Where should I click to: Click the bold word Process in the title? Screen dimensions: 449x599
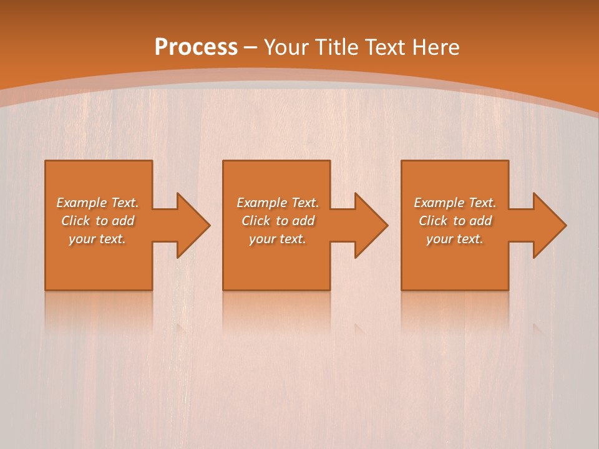coord(196,47)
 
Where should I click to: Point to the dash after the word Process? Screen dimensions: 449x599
coord(250,47)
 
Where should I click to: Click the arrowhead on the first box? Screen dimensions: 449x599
coord(190,225)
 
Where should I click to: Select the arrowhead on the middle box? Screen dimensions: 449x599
coord(369,225)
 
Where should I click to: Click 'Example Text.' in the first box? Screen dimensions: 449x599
coord(98,202)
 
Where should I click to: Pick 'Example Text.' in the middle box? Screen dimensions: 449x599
coord(277,202)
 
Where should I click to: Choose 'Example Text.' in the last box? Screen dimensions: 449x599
coord(455,202)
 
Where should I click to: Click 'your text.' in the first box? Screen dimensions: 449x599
coord(97,239)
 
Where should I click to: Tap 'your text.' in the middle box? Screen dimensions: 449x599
coord(277,239)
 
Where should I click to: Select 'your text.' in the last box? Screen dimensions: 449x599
coord(455,239)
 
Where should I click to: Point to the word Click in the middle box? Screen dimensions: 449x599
coord(256,221)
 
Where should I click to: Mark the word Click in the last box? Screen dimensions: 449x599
coord(433,221)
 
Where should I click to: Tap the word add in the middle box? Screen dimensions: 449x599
coord(303,221)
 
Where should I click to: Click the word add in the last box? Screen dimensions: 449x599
coord(480,221)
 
